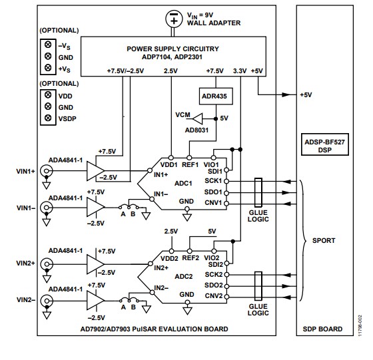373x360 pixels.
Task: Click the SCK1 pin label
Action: pyautogui.click(x=213, y=180)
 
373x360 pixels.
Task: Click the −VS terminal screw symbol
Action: pyautogui.click(x=47, y=45)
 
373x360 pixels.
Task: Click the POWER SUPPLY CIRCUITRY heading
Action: pyautogui.click(x=173, y=48)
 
